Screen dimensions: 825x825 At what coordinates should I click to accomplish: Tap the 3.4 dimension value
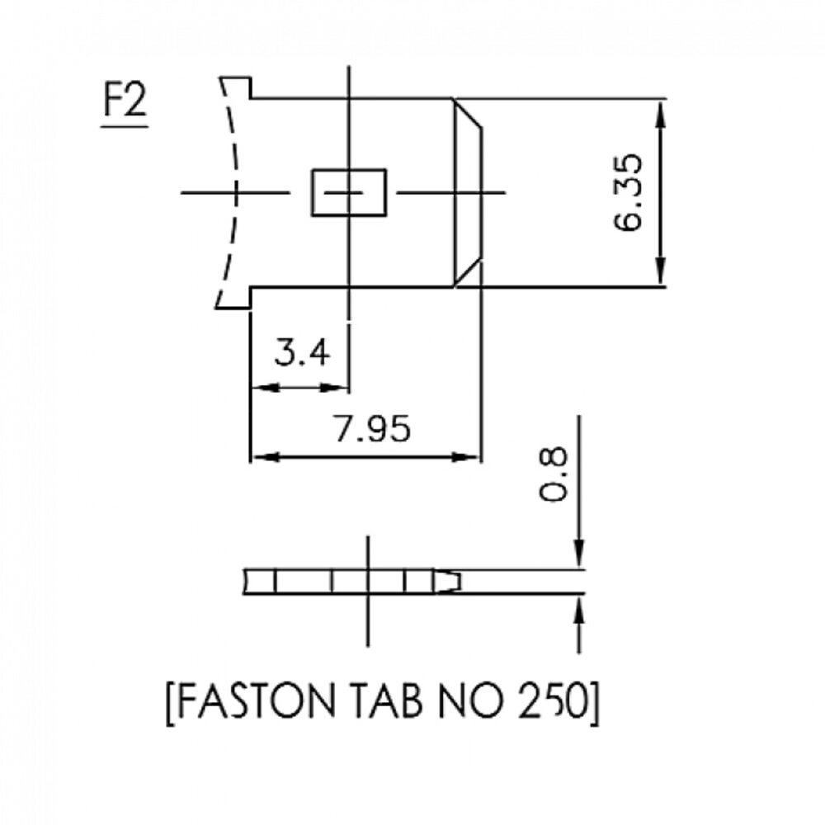pyautogui.click(x=302, y=353)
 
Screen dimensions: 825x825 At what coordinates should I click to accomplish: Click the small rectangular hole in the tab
pyautogui.click(x=349, y=192)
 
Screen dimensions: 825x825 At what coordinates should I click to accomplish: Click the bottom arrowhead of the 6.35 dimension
pyautogui.click(x=661, y=276)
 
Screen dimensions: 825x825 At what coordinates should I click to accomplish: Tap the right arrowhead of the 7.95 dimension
pyautogui.click(x=470, y=456)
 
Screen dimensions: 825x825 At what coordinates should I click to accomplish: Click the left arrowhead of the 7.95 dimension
pyautogui.click(x=261, y=456)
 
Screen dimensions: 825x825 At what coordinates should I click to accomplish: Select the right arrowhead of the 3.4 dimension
pyautogui.click(x=340, y=386)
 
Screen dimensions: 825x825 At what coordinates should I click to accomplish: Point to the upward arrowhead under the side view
pyautogui.click(x=579, y=610)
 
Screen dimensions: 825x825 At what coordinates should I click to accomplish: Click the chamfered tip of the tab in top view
pyautogui.click(x=468, y=192)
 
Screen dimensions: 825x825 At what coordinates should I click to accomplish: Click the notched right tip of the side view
pyautogui.click(x=450, y=582)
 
